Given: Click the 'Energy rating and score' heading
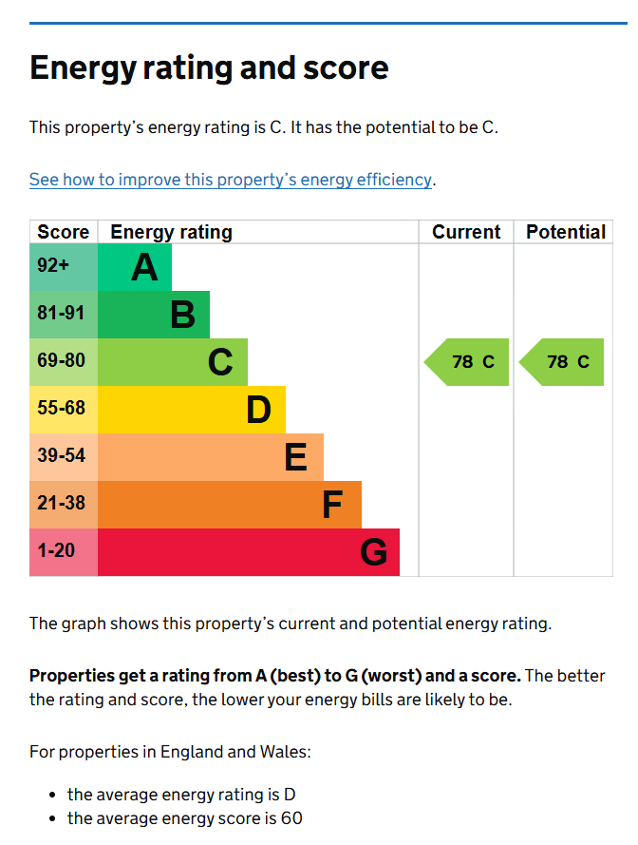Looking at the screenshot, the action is [209, 68].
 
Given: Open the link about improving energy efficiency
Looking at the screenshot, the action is [231, 180].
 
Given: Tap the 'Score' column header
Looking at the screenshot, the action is [63, 232].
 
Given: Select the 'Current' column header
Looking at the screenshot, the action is [466, 232].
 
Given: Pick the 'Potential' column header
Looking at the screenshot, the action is [566, 232].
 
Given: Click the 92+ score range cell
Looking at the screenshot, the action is [64, 267].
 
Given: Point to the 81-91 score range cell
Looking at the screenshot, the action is [64, 315].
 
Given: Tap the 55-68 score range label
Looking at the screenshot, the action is [62, 408].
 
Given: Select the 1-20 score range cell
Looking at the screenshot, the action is [64, 552].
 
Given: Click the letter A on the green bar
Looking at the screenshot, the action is [145, 268].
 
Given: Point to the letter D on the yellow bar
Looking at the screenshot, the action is [258, 410].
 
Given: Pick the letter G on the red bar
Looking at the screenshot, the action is [374, 552].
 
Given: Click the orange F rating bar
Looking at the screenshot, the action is [230, 505].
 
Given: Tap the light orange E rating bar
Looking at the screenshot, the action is [211, 457].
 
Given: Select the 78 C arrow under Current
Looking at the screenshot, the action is [466, 362].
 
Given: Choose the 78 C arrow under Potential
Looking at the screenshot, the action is [561, 362].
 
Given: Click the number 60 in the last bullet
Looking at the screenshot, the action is [291, 818].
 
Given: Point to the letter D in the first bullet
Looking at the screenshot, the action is [290, 795].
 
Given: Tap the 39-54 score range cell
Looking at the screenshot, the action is [64, 457].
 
